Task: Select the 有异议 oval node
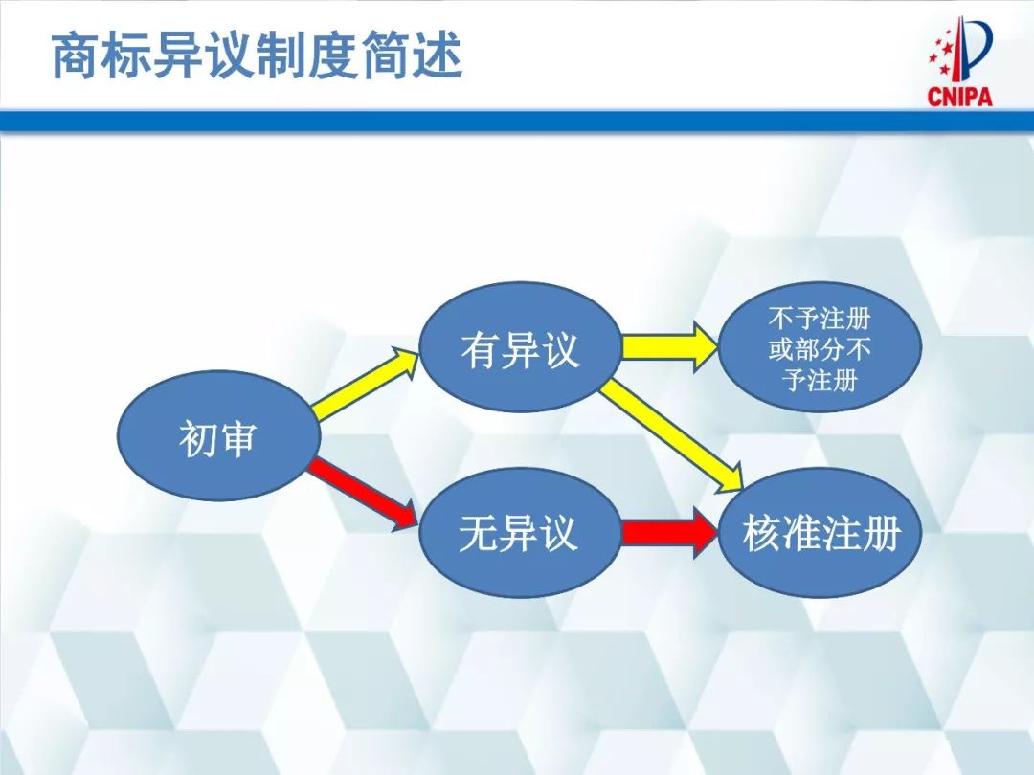tap(520, 347)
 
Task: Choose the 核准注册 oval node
tap(820, 533)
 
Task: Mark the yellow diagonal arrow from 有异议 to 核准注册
tap(674, 430)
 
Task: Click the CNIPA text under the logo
tap(959, 97)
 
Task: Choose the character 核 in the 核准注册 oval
tap(761, 533)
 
